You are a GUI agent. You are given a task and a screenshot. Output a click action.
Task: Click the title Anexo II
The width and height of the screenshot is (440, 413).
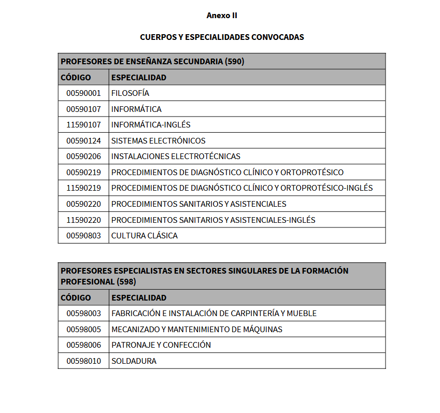pos(222,16)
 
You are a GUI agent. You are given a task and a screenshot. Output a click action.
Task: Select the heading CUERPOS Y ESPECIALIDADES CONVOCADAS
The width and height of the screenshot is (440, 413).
pos(222,37)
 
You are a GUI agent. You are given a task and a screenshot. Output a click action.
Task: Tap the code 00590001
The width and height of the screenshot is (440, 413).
pos(83,93)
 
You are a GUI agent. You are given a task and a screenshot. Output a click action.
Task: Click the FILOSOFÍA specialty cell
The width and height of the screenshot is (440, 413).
pos(130,93)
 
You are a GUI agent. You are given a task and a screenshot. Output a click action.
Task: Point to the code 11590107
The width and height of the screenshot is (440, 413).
pos(83,125)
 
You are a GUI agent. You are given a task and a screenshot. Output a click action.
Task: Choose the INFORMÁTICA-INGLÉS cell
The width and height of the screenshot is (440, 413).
pos(151,125)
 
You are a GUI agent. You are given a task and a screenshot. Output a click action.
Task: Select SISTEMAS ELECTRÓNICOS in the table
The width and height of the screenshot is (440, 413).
pos(158,141)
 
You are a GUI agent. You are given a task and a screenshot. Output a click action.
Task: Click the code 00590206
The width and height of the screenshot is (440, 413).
pos(83,156)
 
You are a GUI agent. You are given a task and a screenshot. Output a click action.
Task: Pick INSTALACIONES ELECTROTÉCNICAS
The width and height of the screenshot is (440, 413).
pos(176,156)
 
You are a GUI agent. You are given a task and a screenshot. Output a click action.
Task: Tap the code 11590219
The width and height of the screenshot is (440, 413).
pos(83,188)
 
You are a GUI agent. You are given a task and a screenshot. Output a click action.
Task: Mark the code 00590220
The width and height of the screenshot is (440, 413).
pos(83,204)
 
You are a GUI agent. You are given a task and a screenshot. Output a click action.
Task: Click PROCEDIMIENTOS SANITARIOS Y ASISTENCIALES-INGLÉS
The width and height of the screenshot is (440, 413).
pos(213,220)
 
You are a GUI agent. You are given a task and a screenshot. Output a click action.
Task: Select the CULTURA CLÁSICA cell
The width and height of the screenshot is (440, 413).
pos(144,236)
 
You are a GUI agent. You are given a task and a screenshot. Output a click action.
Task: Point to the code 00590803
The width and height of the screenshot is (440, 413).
pos(83,236)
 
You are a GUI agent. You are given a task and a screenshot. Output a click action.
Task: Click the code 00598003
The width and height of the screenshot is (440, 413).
pos(83,314)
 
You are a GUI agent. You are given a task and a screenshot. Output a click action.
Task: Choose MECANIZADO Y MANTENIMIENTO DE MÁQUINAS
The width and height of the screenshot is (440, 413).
pos(196,330)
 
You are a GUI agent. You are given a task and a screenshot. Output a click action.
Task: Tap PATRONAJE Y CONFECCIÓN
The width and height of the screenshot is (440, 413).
pos(161,345)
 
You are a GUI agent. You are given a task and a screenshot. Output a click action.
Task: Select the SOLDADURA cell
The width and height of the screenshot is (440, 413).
pos(134,361)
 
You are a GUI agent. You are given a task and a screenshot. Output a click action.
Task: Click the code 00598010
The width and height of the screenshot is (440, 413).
pos(83,361)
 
